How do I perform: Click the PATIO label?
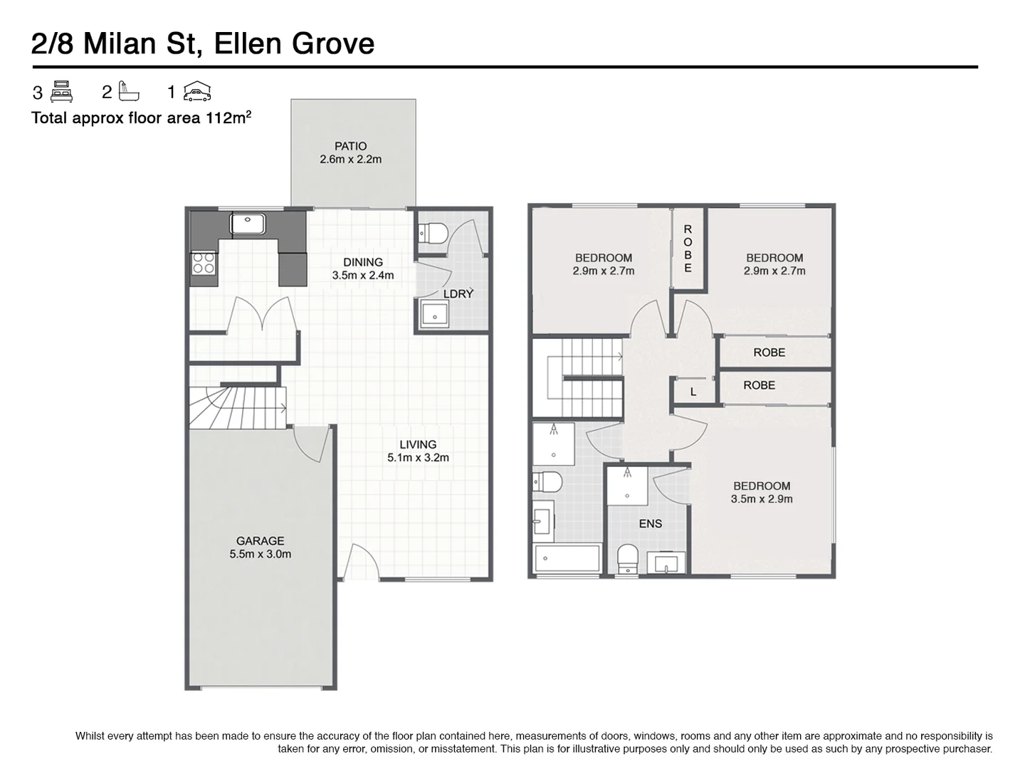[350, 146]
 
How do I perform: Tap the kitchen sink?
[248, 224]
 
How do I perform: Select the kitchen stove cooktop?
[204, 263]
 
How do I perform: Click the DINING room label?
[363, 263]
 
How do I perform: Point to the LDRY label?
[458, 293]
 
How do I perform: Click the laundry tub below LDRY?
[434, 314]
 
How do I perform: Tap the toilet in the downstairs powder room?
[433, 233]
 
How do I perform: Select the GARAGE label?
[260, 540]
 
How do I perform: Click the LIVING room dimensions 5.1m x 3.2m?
[418, 458]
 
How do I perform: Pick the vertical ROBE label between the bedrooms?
[688, 249]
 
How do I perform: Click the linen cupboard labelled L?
[693, 392]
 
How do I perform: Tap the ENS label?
[651, 524]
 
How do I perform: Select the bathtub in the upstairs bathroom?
[567, 558]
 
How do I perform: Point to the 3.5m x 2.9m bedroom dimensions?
[762, 498]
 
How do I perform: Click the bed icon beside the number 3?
[61, 92]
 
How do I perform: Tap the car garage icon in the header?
[197, 91]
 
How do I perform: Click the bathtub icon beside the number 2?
[128, 91]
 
